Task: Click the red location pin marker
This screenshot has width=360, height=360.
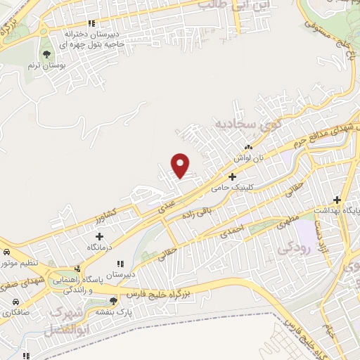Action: click(181, 165)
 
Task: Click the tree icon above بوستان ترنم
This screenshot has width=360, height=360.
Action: click(47, 53)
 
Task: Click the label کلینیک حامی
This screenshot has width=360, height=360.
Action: click(233, 188)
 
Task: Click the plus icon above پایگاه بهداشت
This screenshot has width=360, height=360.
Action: click(337, 200)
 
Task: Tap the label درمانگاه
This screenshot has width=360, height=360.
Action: click(99, 247)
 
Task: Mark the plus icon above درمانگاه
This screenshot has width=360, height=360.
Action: click(99, 236)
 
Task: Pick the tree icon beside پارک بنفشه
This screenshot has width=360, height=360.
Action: click(113, 301)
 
